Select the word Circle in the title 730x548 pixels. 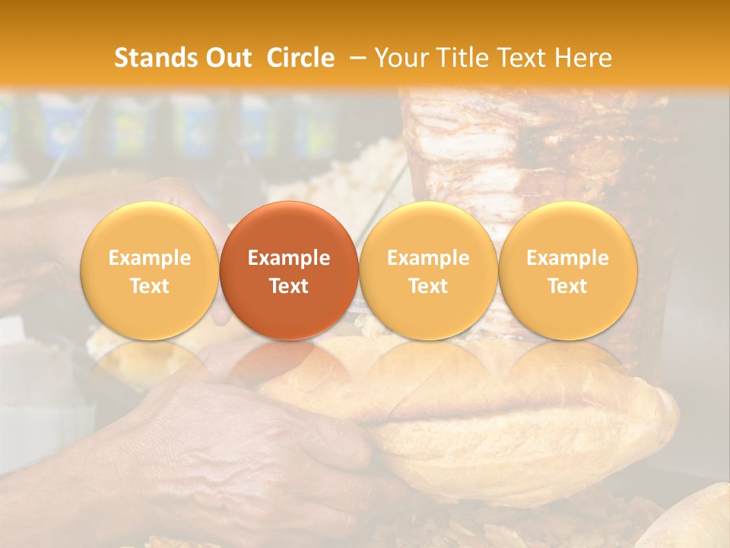point(300,58)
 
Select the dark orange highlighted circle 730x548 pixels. point(289,271)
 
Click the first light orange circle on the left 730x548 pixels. point(150,271)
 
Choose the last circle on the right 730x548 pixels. point(568,271)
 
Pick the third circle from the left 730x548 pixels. point(428,271)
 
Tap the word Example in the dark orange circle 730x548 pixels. point(289,258)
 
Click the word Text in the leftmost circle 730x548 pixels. point(150,286)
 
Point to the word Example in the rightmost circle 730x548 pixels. point(568,258)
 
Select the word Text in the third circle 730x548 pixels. point(428,286)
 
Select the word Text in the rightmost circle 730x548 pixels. point(568,286)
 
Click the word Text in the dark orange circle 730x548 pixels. point(289,286)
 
